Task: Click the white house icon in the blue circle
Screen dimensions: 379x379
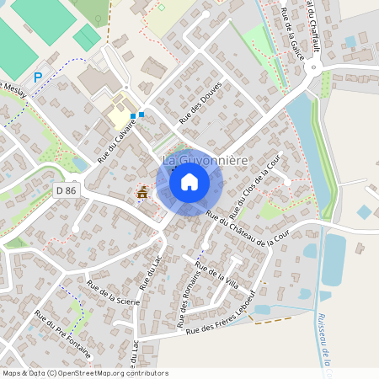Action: pyautogui.click(x=189, y=181)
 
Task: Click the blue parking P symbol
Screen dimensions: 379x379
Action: pyautogui.click(x=38, y=77)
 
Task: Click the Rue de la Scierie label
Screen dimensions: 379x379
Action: pyautogui.click(x=113, y=294)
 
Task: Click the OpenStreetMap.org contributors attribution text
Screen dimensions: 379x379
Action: pyautogui.click(x=118, y=373)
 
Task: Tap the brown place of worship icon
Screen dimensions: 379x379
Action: pyautogui.click(x=141, y=195)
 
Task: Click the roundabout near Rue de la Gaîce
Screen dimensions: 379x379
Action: pyautogui.click(x=324, y=81)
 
